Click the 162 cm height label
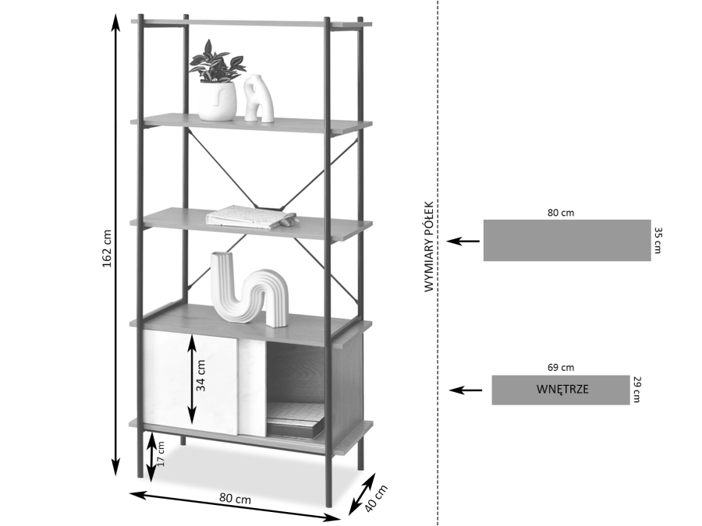pos(107,249)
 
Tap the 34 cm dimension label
pos(201,376)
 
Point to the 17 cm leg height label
pos(161,454)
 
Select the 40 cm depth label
pos(376,499)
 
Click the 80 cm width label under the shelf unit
pos(235,499)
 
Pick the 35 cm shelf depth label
pos(658,240)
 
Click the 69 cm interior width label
pos(561,368)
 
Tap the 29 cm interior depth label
pos(637,390)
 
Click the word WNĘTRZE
pos(562,389)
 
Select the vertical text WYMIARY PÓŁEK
pos(429,247)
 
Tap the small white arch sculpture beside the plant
pos(259,98)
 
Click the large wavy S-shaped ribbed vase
pos(249,289)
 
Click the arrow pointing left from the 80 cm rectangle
pos(463,241)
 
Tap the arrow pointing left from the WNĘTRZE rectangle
pos(466,390)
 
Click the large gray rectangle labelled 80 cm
pos(567,240)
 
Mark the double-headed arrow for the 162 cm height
pos(116,245)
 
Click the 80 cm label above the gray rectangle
pos(561,213)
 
